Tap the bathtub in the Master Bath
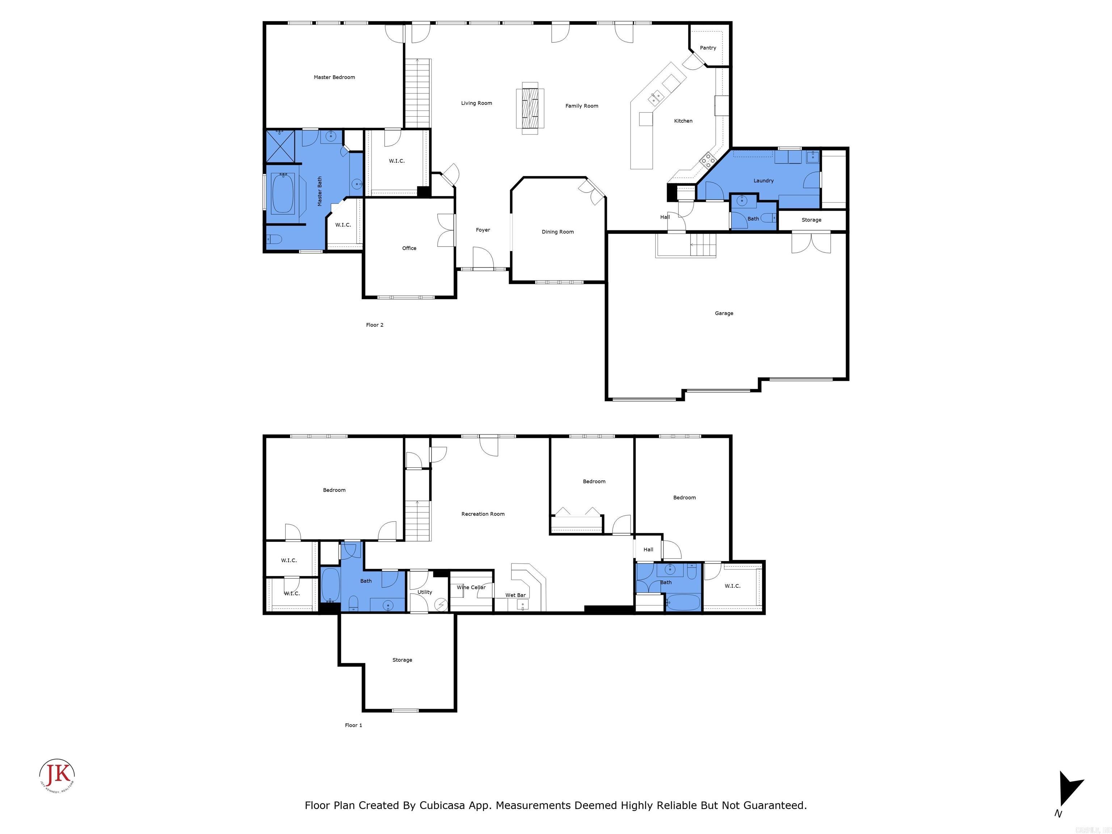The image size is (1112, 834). pos(283,194)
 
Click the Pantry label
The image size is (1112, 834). pos(708,48)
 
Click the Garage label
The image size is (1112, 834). pos(724,313)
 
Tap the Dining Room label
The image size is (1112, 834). pos(557,232)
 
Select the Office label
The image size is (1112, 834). pos(409,248)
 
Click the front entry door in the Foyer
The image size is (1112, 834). pos(483,259)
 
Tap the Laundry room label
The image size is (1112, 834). pos(763,181)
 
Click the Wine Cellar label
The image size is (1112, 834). pos(471,587)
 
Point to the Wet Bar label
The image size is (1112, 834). pos(515,595)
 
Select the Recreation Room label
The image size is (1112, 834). pos(483,514)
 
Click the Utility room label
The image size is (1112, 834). pos(425,592)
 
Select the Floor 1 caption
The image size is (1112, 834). pos(353,725)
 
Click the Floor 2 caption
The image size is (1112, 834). pos(375,325)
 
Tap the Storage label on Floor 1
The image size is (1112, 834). pos(402,660)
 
